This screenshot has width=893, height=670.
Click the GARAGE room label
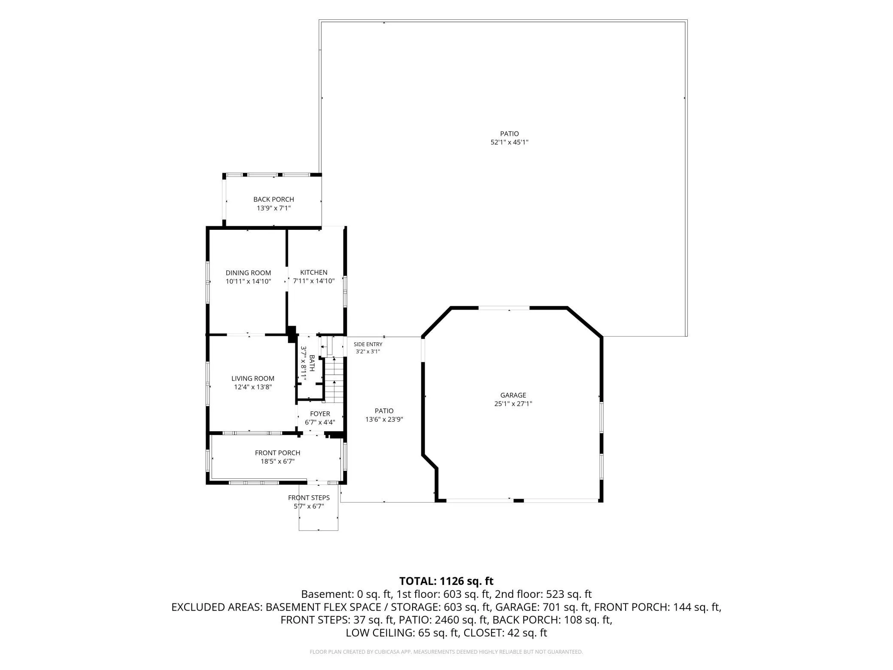click(x=513, y=395)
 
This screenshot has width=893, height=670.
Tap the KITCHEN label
click(x=314, y=272)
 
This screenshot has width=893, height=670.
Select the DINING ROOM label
click(x=249, y=273)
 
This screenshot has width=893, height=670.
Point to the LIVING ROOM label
click(x=253, y=378)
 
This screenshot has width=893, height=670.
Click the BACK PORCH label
click(x=274, y=199)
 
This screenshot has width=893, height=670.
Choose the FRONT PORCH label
click(x=278, y=453)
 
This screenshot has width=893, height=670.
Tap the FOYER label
click(x=320, y=414)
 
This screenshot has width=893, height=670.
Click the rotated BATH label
click(x=312, y=363)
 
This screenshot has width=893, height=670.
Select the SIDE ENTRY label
click(x=368, y=344)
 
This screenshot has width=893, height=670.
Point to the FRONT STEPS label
click(x=309, y=498)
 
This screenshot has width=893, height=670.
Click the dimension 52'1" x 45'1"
click(x=510, y=142)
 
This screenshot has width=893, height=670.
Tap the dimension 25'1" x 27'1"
click(x=513, y=404)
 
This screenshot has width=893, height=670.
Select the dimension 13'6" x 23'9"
click(x=384, y=420)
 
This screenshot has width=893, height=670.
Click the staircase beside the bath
click(x=334, y=380)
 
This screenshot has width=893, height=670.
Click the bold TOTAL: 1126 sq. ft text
click(x=446, y=581)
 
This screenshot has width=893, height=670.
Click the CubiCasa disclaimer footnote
click(x=446, y=652)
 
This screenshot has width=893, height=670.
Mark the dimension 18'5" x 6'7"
click(x=278, y=462)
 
